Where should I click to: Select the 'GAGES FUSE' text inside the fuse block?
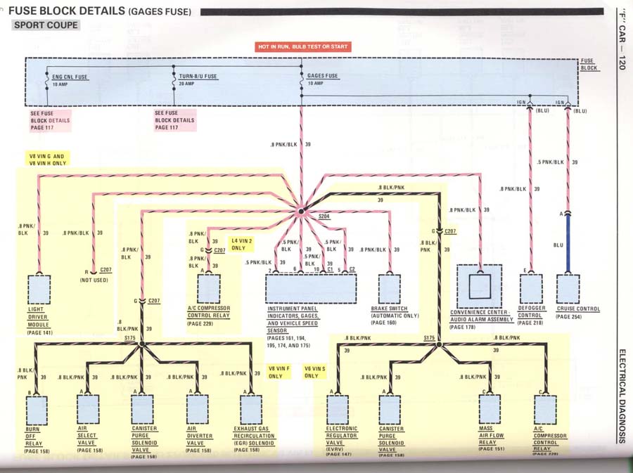coord(322,76)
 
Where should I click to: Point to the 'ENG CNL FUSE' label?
coord(71,76)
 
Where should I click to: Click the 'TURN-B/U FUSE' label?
coord(198,76)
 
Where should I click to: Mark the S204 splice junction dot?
coord(300,210)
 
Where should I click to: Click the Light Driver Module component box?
coord(39,289)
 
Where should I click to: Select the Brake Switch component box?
coord(389,289)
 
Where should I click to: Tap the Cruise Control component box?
coord(568,289)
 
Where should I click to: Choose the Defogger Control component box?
coord(531,289)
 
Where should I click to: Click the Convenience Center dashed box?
coord(480,285)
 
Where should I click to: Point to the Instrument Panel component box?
coord(311,289)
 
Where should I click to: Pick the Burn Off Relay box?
coord(37,410)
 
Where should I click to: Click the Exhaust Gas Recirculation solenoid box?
coord(251,409)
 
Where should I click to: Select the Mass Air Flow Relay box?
coord(490,409)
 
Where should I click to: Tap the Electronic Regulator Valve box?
coord(338,409)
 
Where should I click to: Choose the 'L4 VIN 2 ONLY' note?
coord(241,244)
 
